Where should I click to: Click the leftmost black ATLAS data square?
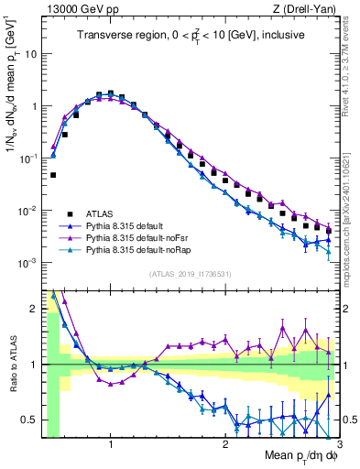(x=53, y=174)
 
